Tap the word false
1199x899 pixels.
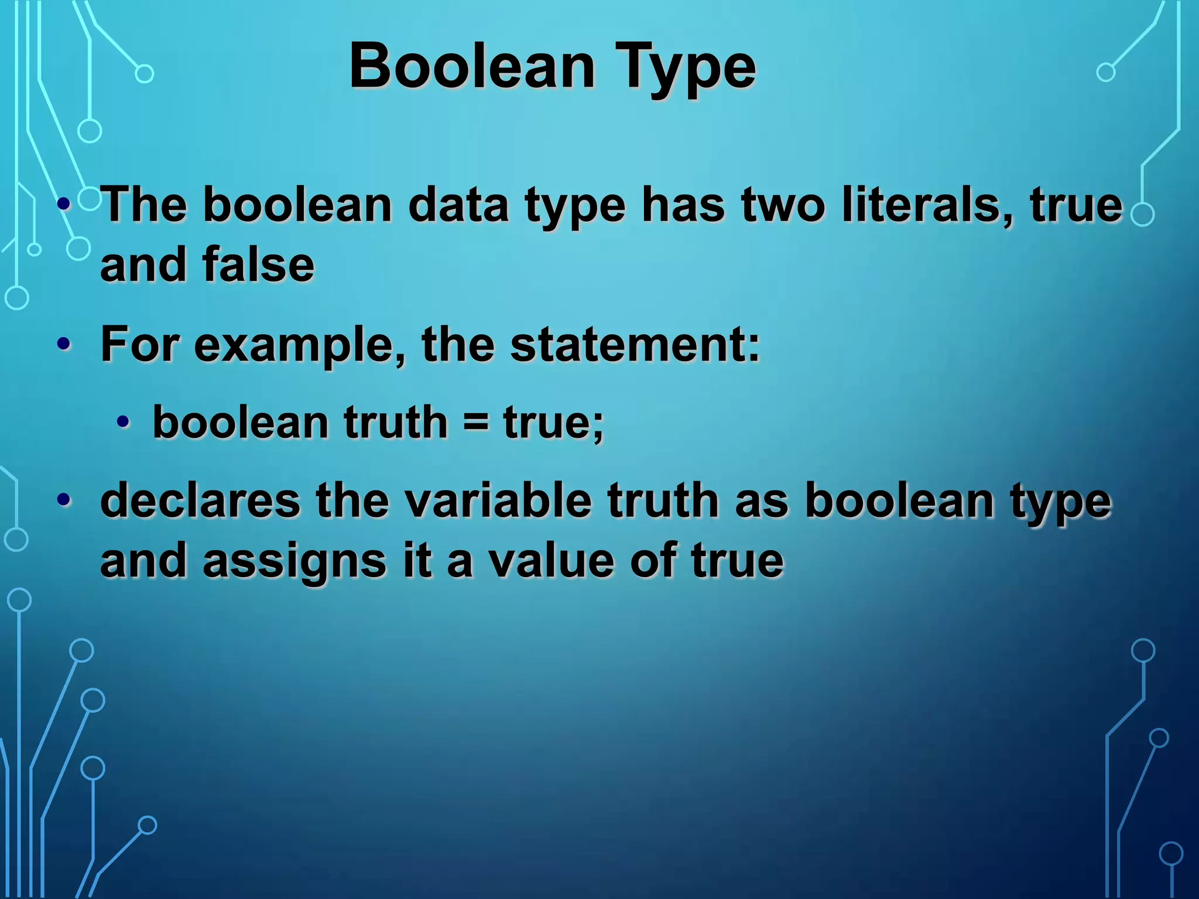[258, 265]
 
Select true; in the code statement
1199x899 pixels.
[553, 423]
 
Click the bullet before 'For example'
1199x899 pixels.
[64, 345]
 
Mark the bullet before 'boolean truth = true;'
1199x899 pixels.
[122, 422]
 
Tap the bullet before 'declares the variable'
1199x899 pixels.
[64, 501]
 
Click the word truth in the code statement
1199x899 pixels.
[395, 423]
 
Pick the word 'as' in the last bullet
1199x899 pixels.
[762, 502]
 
